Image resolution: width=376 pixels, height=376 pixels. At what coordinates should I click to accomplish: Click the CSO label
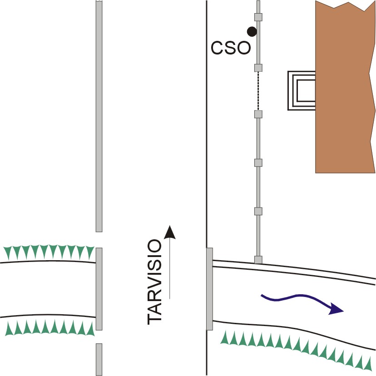point(231,48)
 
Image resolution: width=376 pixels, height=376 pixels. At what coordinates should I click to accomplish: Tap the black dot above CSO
point(252,31)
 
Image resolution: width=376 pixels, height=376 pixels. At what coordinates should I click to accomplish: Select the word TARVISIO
point(155,282)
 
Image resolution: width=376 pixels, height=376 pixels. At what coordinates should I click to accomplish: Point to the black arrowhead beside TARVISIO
point(170,232)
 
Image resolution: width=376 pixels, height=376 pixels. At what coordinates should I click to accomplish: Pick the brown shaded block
point(345,87)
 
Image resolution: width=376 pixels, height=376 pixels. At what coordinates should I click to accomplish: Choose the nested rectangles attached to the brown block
point(302,91)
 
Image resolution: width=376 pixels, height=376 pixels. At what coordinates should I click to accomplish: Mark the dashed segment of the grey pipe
point(258,91)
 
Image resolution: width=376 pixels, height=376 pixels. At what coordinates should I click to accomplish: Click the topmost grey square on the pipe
point(258,17)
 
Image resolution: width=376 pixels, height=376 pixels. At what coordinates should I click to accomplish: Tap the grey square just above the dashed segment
point(258,68)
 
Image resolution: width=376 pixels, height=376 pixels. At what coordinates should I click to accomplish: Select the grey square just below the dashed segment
point(258,114)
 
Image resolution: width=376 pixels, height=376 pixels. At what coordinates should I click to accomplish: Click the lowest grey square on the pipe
point(258,260)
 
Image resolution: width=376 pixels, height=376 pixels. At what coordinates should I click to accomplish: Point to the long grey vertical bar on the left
point(99,116)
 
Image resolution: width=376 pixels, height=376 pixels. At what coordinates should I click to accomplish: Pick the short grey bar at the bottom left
point(99,360)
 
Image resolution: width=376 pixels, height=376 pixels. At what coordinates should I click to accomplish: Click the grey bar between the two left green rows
point(99,289)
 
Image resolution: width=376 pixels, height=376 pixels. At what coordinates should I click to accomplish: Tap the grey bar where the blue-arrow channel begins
point(210,289)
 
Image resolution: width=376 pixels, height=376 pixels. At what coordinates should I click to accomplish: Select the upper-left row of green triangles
point(49,252)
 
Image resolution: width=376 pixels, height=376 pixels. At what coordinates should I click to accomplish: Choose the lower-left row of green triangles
point(50,327)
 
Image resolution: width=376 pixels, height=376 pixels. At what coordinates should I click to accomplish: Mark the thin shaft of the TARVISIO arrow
point(170,268)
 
